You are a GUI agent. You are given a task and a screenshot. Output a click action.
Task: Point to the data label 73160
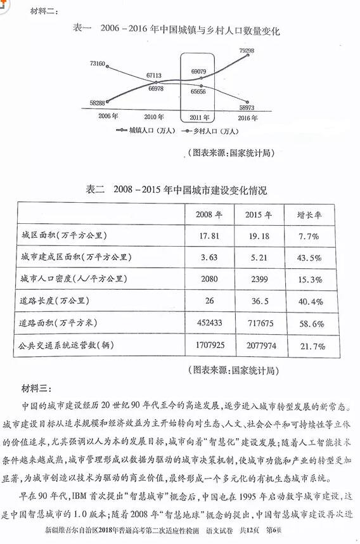coord(98,64)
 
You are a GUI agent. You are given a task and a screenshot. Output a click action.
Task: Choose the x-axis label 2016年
coord(247,118)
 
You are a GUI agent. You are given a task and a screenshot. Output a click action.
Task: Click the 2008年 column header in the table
coord(210,214)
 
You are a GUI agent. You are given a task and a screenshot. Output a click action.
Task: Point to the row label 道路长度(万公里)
coord(58,301)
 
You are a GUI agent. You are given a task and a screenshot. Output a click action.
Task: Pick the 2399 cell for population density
coord(258,279)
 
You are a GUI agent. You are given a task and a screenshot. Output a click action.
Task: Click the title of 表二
coord(176,190)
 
